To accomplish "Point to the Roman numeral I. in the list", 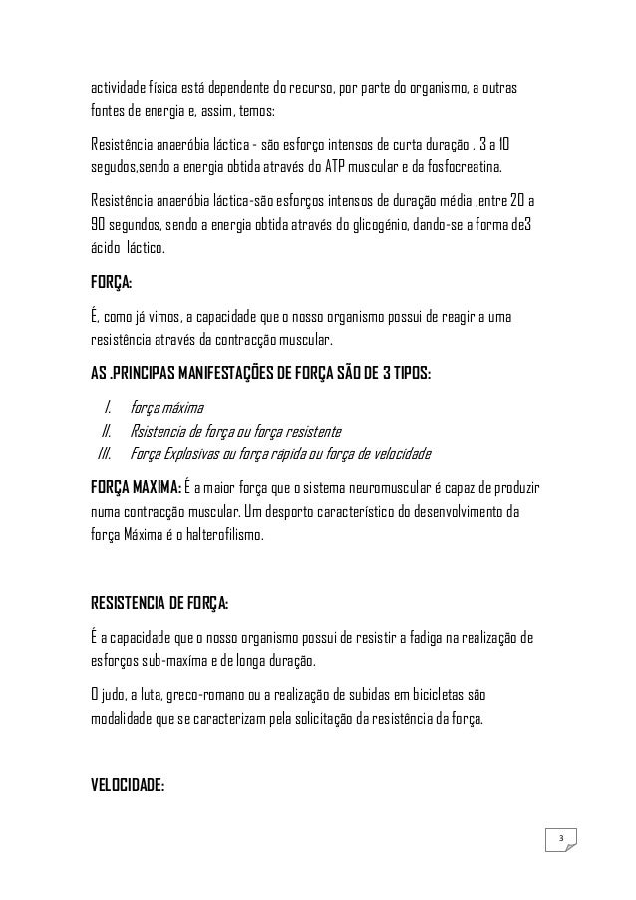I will pos(107,406).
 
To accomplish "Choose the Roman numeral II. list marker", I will pos(105,431).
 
